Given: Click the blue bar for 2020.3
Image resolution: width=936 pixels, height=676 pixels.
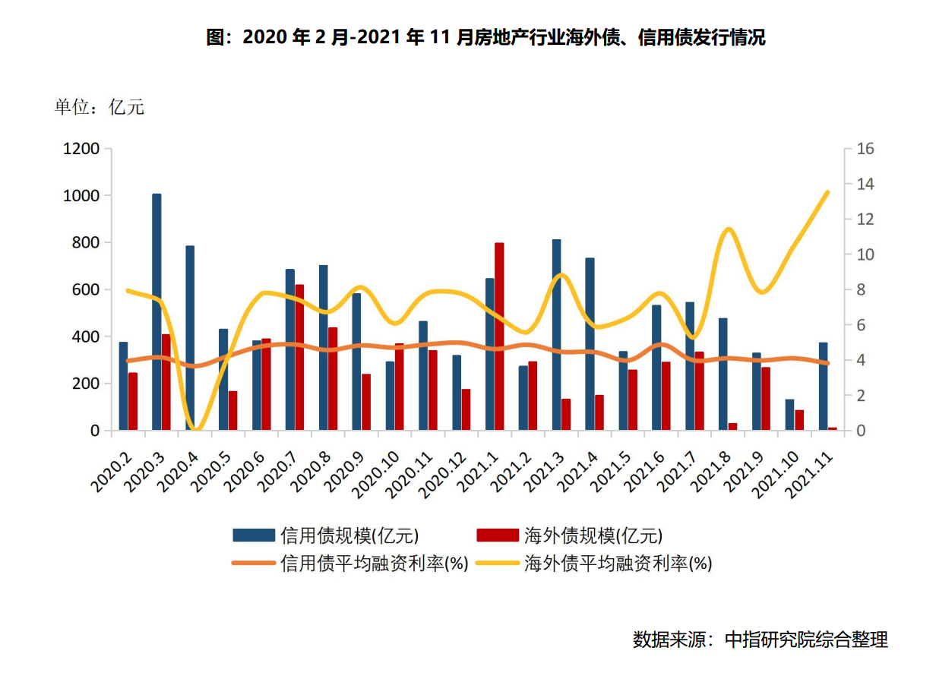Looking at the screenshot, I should (x=157, y=311).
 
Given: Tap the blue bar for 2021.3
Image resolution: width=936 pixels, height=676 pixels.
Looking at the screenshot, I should (x=557, y=334).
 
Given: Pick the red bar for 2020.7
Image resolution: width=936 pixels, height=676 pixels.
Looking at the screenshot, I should (x=299, y=357).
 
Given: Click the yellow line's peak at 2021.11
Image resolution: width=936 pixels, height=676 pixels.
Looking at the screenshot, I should (x=828, y=192).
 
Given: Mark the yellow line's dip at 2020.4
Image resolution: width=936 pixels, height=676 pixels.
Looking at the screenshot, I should (x=195, y=429).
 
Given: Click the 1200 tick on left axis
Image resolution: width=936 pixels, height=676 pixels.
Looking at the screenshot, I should (x=81, y=149).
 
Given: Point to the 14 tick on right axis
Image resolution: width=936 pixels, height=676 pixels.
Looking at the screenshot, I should (x=865, y=184).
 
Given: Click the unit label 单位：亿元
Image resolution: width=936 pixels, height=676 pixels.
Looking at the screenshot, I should (x=99, y=107).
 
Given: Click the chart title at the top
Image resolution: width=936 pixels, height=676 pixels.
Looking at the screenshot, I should (x=486, y=37).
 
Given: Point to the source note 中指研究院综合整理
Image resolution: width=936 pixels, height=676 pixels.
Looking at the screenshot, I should (x=760, y=640).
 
